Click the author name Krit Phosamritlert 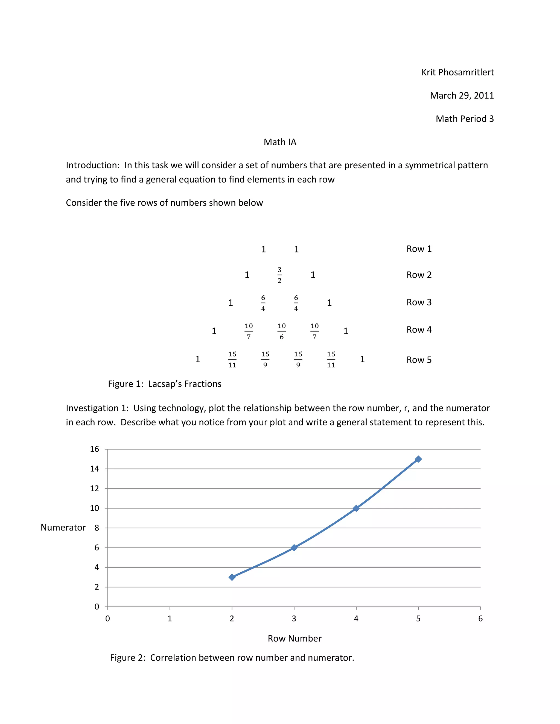[457, 72]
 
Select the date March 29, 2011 [462, 95]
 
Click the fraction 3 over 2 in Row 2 [279, 275]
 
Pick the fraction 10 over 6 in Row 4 [281, 331]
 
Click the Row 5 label [419, 360]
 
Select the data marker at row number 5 [418, 459]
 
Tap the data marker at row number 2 [232, 577]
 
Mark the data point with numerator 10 [356, 508]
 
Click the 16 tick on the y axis [95, 449]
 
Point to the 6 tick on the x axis [480, 619]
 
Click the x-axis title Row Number [294, 638]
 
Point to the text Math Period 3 [465, 119]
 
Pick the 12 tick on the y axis [95, 488]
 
